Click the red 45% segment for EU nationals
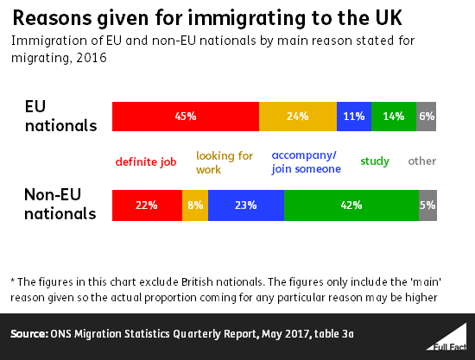click(x=186, y=117)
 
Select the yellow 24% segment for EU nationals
click(x=298, y=117)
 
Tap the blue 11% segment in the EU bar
click(x=354, y=117)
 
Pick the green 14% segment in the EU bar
click(x=394, y=117)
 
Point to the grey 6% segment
click(x=427, y=117)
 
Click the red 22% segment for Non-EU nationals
click(x=147, y=205)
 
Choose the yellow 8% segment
click(x=195, y=205)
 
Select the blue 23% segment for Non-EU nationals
click(x=246, y=205)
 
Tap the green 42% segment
click(x=351, y=205)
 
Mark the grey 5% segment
click(x=427, y=205)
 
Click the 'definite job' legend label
click(x=146, y=161)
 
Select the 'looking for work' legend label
click(x=225, y=162)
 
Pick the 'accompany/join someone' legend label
click(x=307, y=162)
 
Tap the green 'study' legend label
click(x=375, y=161)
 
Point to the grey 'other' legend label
click(x=422, y=161)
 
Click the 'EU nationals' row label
click(x=60, y=117)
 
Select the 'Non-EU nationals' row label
click(x=60, y=205)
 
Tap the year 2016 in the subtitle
click(x=92, y=58)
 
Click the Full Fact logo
click(x=447, y=338)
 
